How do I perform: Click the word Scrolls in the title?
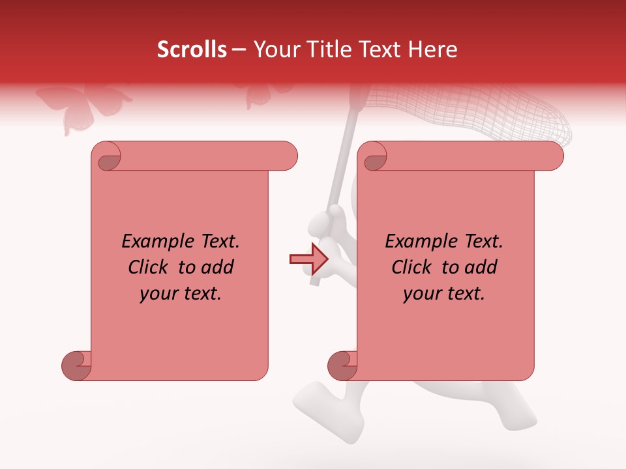tap(192, 50)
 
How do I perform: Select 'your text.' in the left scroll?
tap(181, 294)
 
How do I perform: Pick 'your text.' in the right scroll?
tap(444, 294)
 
